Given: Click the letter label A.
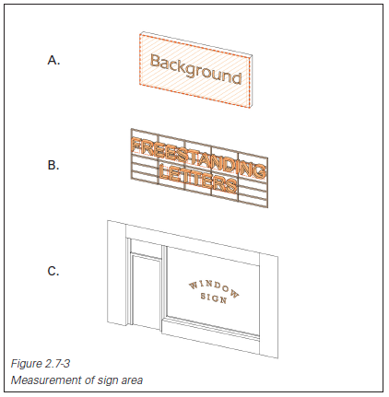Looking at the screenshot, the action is click(53, 60).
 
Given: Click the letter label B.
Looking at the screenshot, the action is click(53, 165).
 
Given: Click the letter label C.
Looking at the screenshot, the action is click(53, 271).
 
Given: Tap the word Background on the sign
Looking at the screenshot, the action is click(195, 70).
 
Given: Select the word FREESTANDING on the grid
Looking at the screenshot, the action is click(198, 158).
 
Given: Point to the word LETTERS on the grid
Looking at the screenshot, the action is click(198, 180).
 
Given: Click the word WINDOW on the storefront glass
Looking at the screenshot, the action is click(214, 288).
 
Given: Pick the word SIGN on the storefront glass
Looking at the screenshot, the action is click(214, 298).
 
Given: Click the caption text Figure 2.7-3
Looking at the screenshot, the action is click(41, 364).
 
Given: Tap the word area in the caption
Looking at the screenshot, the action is click(132, 380).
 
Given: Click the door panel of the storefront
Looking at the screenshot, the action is click(147, 293).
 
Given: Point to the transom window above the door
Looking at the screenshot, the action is click(147, 247).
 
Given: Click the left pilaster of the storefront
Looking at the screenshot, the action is click(116, 274).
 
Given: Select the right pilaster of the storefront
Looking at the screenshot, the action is click(269, 305).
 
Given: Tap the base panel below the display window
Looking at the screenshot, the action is click(211, 334).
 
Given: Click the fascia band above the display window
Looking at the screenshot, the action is click(193, 245).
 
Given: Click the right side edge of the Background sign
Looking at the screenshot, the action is click(251, 81).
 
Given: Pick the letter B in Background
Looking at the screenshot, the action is click(155, 61).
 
